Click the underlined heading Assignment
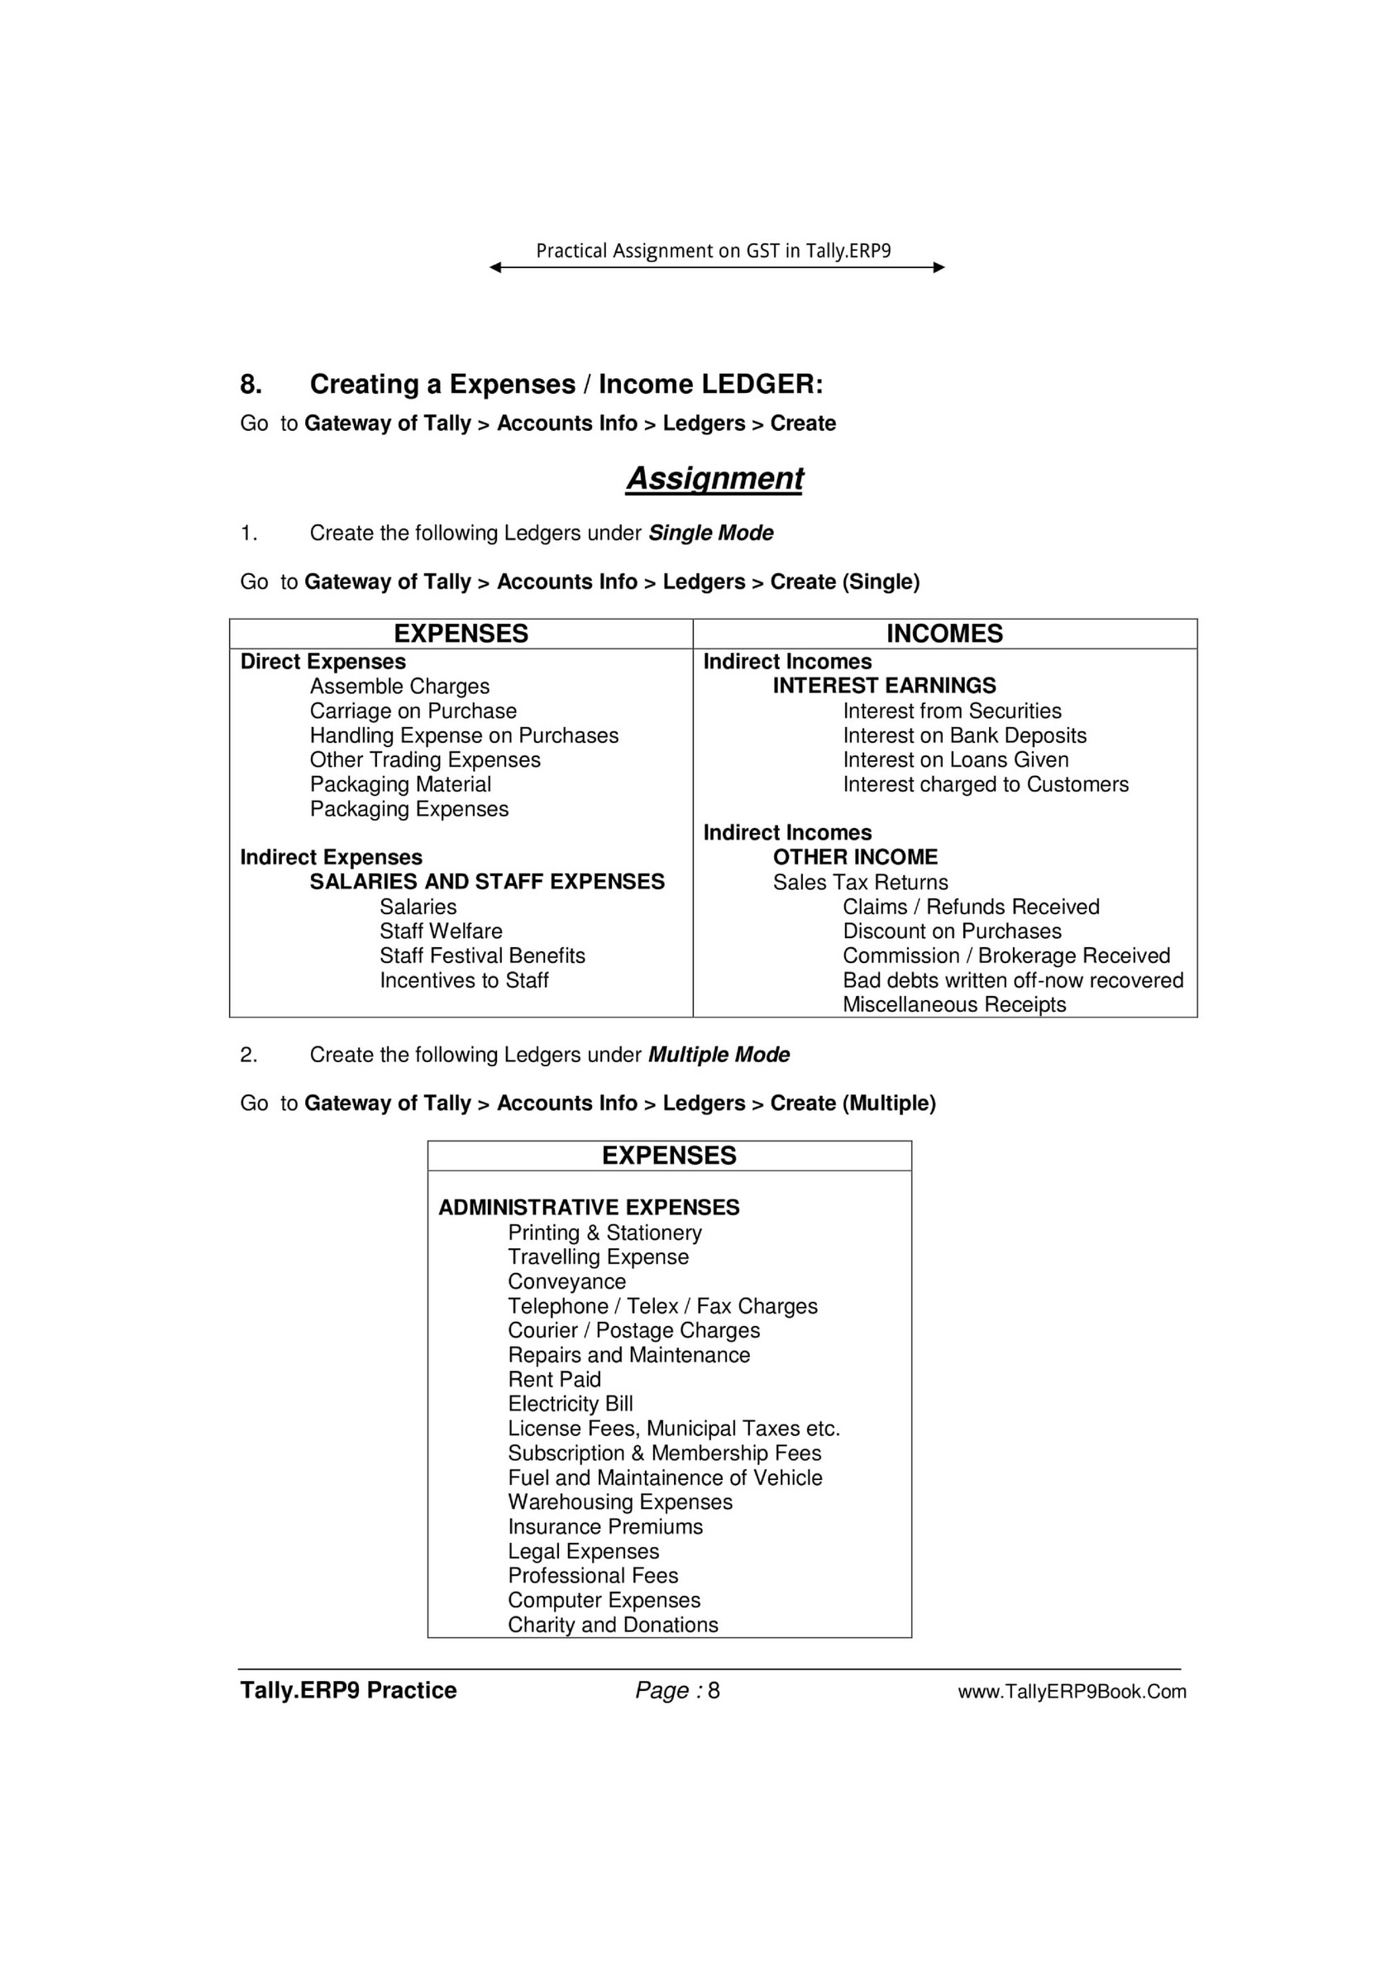[714, 478]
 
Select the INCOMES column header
[944, 634]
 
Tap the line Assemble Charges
[399, 687]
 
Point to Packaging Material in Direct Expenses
[400, 784]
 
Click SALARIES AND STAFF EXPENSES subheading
[487, 882]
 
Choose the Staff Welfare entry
[441, 931]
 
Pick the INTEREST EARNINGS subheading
[885, 686]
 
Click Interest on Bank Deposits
[964, 735]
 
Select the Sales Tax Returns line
[861, 882]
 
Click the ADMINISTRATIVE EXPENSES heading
[589, 1208]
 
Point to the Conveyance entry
[566, 1281]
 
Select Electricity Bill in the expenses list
[570, 1404]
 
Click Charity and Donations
[613, 1625]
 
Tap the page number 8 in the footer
[714, 1690]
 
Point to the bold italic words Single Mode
[710, 533]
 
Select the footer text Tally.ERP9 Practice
[348, 1690]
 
